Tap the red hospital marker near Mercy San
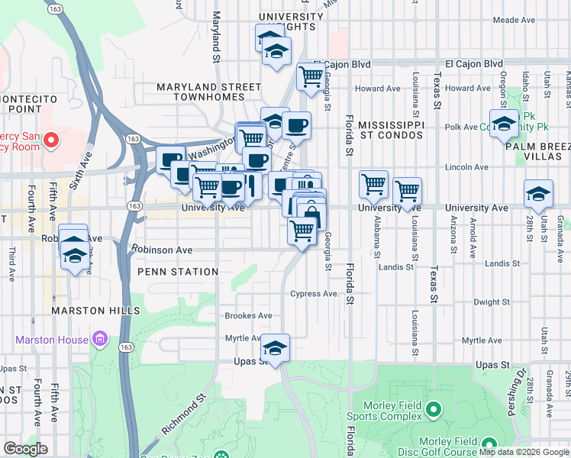[50, 140]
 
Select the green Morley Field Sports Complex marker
[433, 411]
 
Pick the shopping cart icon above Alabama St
[373, 183]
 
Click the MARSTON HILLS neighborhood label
[95, 311]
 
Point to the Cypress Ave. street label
[314, 294]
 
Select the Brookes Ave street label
[248, 315]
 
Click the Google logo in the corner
[26, 449]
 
